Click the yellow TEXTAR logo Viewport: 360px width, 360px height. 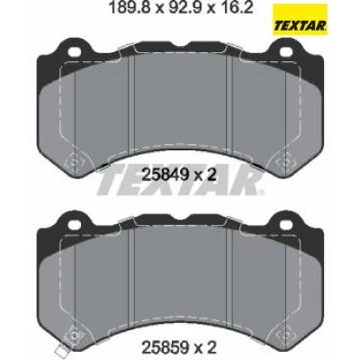pos(300,20)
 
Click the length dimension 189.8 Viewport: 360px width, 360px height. pos(131,7)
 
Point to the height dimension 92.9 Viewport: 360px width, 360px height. pos(184,7)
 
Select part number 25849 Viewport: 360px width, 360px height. pos(165,175)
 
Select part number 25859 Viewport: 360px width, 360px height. pos(165,348)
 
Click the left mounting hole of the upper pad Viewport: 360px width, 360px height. pos(74,51)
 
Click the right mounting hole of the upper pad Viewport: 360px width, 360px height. pos(286,51)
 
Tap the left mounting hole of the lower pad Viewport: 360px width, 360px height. pos(74,224)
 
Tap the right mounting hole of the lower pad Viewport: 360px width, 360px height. pos(286,224)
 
